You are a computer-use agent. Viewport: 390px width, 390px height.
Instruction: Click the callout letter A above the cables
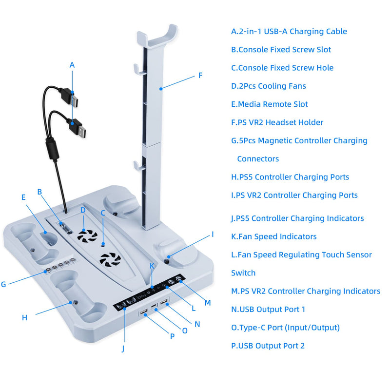tap(72, 65)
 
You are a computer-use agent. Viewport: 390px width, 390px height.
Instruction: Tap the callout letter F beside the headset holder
tap(200, 76)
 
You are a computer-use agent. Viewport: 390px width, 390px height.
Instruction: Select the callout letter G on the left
tap(4, 284)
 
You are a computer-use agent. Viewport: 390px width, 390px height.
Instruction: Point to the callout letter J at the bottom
tap(123, 349)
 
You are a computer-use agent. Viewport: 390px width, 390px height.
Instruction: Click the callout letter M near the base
tap(208, 303)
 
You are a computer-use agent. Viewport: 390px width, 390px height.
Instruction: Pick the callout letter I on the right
tap(213, 234)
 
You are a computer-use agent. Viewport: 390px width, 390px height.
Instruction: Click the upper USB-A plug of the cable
tap(73, 100)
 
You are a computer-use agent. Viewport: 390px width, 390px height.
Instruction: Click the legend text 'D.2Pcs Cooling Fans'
tap(269, 86)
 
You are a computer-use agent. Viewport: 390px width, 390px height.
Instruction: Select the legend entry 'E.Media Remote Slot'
tap(270, 104)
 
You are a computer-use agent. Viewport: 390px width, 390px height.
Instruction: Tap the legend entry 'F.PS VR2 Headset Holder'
tap(277, 122)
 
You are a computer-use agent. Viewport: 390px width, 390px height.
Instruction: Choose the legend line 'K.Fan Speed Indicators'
tap(274, 236)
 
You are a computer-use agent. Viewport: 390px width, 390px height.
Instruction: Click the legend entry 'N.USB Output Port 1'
tap(268, 309)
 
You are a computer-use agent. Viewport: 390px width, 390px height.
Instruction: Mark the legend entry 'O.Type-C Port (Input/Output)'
tap(285, 328)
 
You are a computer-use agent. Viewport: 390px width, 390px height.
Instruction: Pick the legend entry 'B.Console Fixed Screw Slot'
tap(281, 50)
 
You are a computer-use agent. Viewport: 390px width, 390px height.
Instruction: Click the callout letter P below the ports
tap(172, 336)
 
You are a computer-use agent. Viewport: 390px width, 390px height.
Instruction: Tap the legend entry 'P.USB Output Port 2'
tap(268, 346)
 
